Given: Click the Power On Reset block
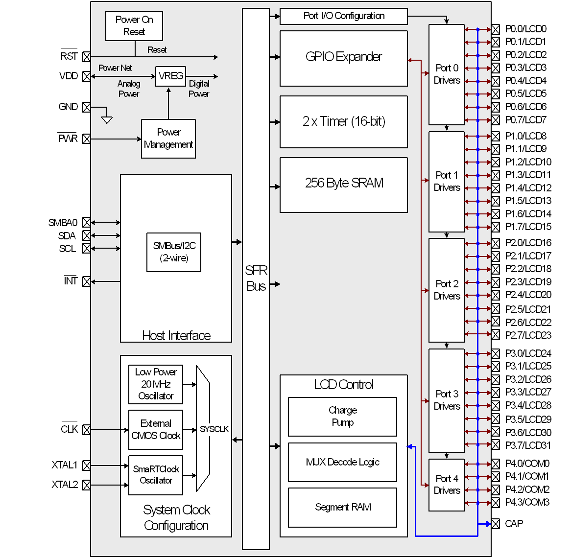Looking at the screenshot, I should pyautogui.click(x=134, y=26).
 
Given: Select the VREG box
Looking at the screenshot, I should pyautogui.click(x=171, y=76).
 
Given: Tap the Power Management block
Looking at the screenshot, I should pyautogui.click(x=168, y=139).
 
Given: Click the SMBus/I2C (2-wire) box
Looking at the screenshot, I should pyautogui.click(x=174, y=252).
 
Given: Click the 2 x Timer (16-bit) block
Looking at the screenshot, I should pyautogui.click(x=343, y=122).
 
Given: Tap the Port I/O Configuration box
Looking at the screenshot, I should pyautogui.click(x=343, y=16).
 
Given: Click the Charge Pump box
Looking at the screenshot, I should pyautogui.click(x=342, y=417).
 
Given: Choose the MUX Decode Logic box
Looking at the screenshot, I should pyautogui.click(x=342, y=462).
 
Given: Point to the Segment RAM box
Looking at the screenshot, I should pyautogui.click(x=342, y=508).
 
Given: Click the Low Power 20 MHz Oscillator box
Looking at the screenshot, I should pyautogui.click(x=156, y=384).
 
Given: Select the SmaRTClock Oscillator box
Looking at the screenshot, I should pyautogui.click(x=156, y=475).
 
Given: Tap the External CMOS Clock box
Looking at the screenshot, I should pyautogui.click(x=156, y=430).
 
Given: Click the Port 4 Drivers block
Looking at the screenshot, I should pyautogui.click(x=447, y=485).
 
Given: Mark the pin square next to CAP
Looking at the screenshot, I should pyautogui.click(x=496, y=524).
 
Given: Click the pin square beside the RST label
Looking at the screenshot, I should pyautogui.click(x=87, y=57).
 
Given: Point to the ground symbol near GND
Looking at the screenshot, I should pyautogui.click(x=107, y=119).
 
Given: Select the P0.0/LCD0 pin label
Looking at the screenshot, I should pyautogui.click(x=525, y=29).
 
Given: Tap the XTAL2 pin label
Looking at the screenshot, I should pyautogui.click(x=65, y=485).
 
